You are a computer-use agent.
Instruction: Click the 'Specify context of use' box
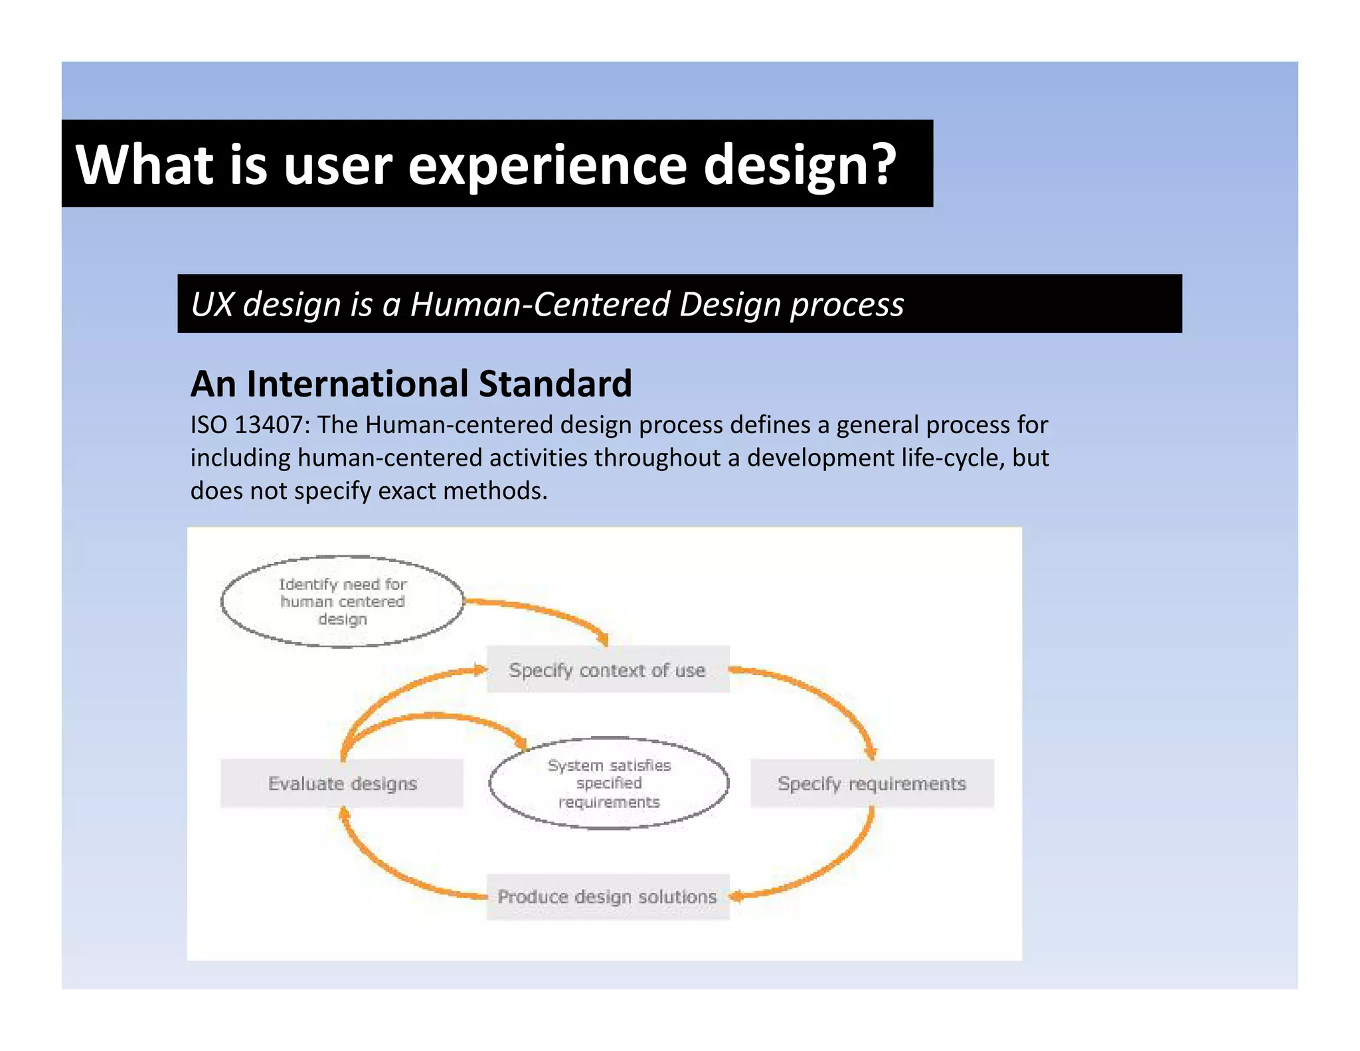608,670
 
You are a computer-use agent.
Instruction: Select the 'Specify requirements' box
871,783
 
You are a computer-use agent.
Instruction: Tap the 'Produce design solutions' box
608,896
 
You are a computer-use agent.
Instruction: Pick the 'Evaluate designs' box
342,783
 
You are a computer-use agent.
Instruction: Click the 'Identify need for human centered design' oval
342,601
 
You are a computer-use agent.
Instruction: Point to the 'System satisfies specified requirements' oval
609,783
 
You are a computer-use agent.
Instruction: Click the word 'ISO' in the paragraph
209,425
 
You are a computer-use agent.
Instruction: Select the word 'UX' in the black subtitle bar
212,304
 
